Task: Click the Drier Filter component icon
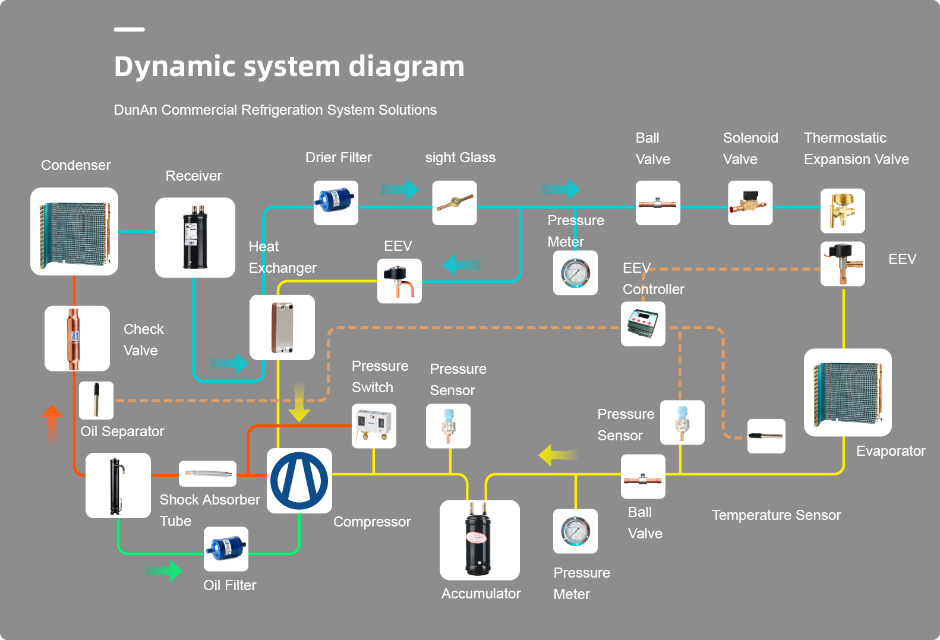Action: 336,203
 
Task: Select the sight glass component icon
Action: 455,203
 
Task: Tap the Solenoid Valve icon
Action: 750,203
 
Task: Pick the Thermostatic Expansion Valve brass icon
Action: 843,211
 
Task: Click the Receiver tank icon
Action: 195,237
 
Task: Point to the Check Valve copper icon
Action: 77,338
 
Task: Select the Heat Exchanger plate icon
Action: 282,327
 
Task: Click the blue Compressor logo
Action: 299,481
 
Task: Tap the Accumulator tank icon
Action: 480,540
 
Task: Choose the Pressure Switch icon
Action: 374,426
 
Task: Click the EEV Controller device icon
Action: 643,324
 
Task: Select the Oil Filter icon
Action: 226,549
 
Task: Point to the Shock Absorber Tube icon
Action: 207,474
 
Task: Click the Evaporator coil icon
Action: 847,392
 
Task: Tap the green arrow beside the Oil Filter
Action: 163,571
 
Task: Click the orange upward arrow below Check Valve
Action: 52,424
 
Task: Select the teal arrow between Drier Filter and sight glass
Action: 399,190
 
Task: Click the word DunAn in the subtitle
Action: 135,110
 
